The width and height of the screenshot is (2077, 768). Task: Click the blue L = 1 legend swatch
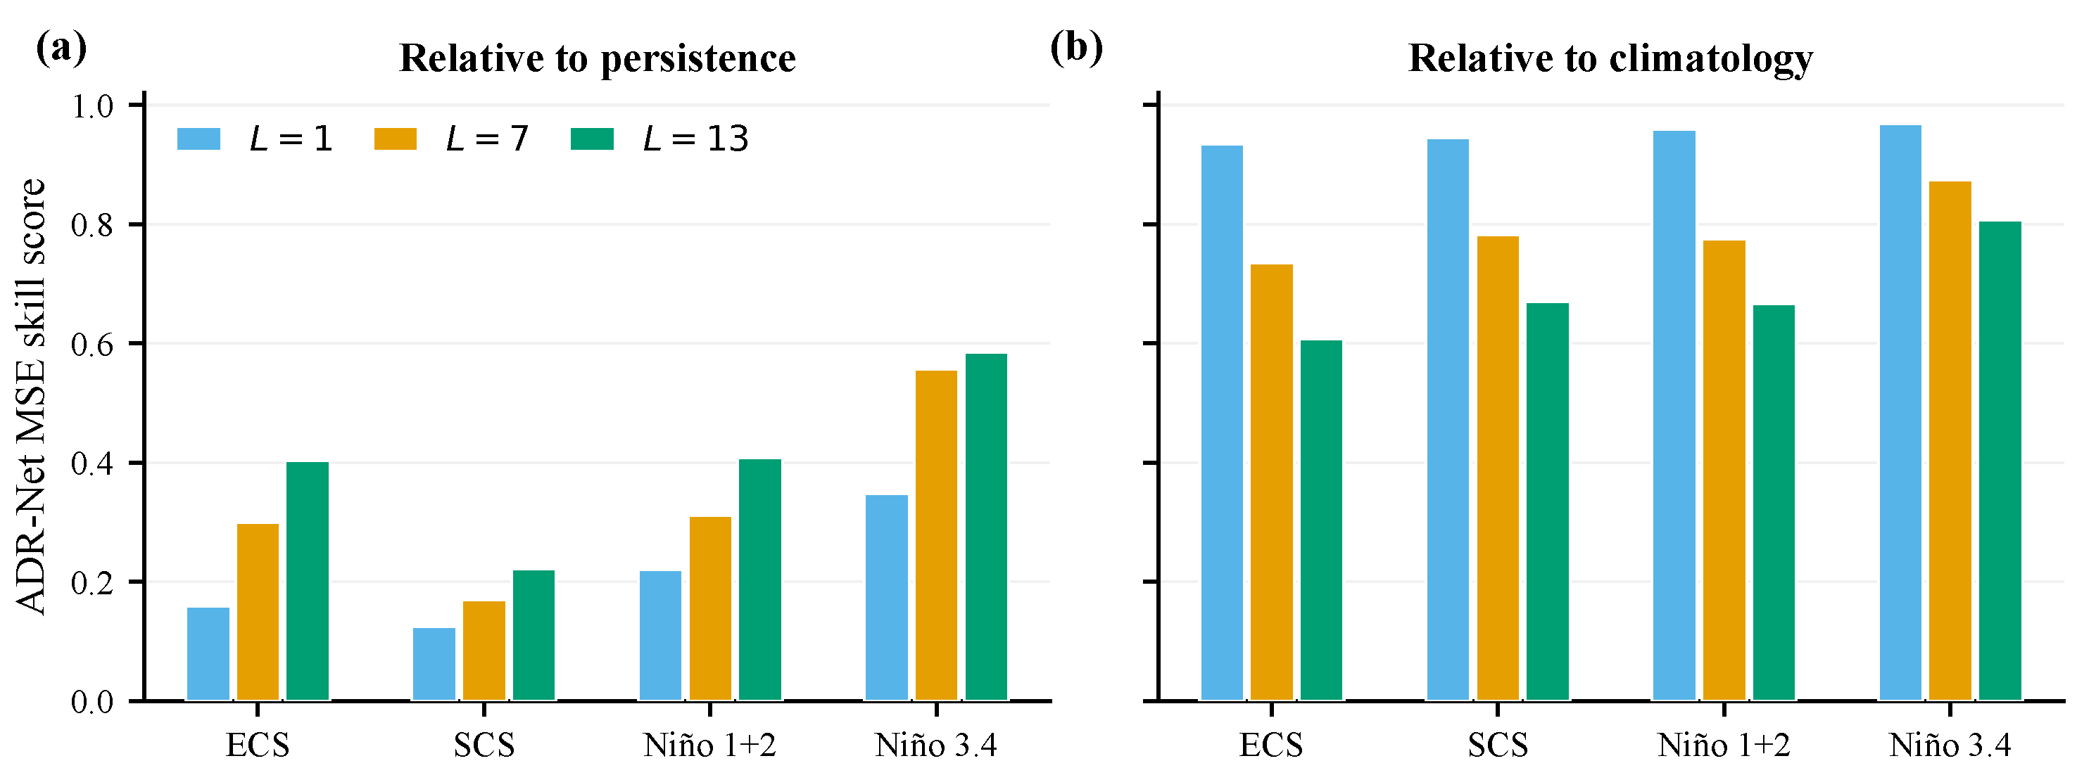[198, 139]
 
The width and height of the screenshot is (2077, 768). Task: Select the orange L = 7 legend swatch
[395, 139]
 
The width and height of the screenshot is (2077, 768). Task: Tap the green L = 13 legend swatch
[592, 139]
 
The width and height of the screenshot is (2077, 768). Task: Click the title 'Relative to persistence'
[598, 59]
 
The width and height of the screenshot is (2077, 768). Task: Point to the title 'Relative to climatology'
[1610, 59]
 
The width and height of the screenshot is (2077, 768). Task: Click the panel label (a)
[61, 49]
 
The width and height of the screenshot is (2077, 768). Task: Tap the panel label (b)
[1075, 49]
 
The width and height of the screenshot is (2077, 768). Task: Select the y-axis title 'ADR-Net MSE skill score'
[32, 397]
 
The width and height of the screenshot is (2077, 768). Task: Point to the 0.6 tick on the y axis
[137, 343]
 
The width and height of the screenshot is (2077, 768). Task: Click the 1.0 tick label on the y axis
[92, 105]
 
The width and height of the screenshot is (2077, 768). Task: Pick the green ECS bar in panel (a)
[307, 581]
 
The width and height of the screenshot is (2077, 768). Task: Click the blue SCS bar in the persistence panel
[434, 664]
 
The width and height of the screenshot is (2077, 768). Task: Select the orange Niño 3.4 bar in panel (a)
[936, 535]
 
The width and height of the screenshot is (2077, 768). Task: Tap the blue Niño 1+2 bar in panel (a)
[660, 636]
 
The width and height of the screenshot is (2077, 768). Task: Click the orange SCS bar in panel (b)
[1498, 468]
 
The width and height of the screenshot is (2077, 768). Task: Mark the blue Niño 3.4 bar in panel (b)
[1900, 413]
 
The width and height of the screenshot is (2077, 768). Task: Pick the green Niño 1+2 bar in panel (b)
[1774, 503]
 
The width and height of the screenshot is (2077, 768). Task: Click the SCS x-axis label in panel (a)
[484, 745]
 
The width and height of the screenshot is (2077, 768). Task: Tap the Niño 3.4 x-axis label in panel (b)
[1950, 745]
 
